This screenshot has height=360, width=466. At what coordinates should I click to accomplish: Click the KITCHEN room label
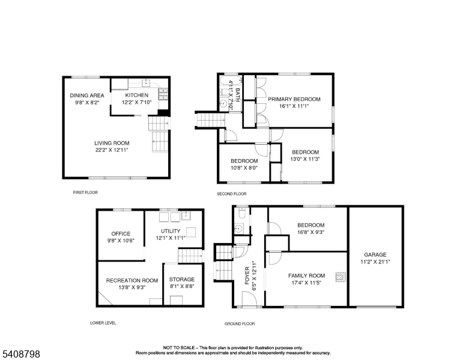tap(137, 95)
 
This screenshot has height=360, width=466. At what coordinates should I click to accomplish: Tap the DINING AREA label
tap(87, 95)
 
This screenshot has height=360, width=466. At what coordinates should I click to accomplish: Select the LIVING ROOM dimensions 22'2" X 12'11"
tap(112, 150)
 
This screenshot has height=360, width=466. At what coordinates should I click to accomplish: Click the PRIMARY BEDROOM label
tap(294, 99)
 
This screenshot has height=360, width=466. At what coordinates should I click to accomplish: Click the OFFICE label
tap(121, 234)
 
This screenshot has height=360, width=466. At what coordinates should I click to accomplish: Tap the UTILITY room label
tap(170, 231)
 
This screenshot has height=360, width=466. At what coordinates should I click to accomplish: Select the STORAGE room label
tap(181, 280)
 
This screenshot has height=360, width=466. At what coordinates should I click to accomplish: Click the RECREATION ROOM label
tap(132, 280)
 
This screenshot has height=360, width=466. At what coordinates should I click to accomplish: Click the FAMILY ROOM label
tap(306, 275)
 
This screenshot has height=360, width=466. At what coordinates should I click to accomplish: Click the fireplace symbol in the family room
tap(340, 277)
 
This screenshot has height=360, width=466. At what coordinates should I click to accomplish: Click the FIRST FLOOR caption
tap(85, 193)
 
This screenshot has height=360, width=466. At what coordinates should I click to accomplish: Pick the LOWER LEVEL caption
tap(103, 323)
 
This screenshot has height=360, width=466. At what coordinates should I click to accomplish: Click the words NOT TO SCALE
tap(181, 347)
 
